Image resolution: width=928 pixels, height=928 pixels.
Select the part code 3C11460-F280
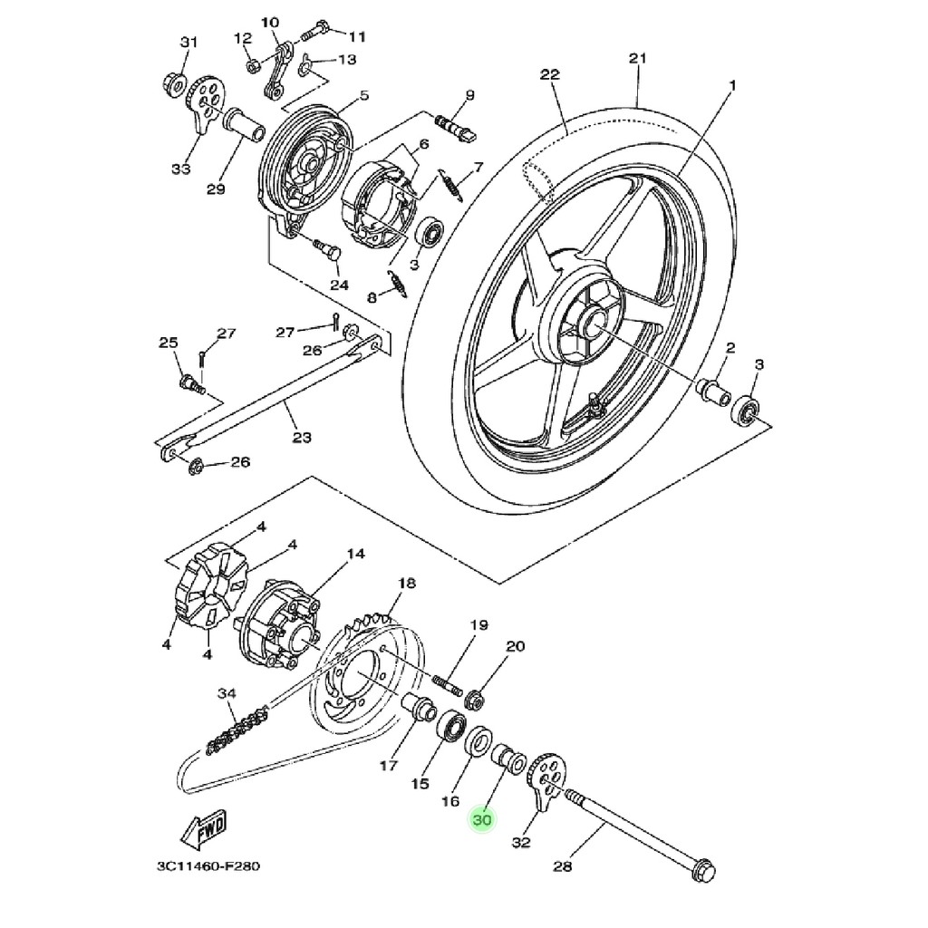(208, 866)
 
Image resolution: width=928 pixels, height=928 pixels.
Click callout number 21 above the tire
(638, 60)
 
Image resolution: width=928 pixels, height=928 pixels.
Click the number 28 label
(563, 867)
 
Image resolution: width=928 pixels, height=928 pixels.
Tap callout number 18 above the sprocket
(406, 583)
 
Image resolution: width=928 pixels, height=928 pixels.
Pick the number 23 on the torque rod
(302, 438)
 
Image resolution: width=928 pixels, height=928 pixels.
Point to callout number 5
(364, 95)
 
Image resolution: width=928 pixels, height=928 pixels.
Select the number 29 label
(215, 188)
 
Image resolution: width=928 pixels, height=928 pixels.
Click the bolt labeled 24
(326, 247)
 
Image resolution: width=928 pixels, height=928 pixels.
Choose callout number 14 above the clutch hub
(354, 554)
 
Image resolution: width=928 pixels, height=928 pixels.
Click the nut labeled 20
(473, 699)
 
